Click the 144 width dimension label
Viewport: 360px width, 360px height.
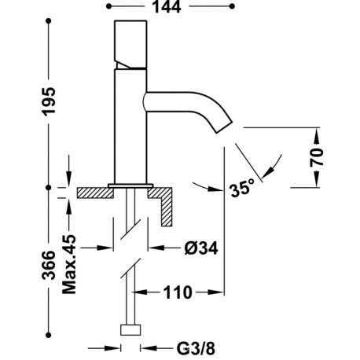point(167,6)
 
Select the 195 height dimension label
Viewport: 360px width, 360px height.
point(49,101)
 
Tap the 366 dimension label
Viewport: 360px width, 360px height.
point(49,265)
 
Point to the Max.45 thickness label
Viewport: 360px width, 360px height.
point(69,264)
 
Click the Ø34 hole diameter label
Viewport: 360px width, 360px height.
point(201,248)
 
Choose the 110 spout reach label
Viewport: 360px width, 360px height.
point(178,292)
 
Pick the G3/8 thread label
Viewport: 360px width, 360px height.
point(196,348)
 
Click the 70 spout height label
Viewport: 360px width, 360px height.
point(317,157)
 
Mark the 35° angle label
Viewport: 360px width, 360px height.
point(242,188)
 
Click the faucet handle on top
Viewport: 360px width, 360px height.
point(130,45)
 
